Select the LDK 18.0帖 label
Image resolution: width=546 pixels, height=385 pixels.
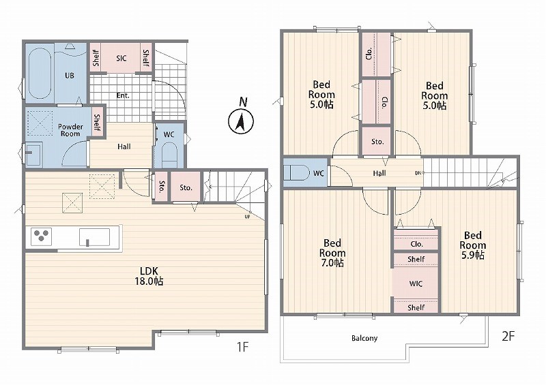tap(149, 276)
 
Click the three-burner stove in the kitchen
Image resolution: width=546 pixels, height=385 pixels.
tap(41, 236)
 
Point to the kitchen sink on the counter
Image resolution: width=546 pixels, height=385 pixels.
tap(94, 237)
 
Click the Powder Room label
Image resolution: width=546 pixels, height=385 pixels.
tap(70, 130)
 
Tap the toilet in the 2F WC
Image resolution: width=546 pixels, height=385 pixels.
tap(296, 172)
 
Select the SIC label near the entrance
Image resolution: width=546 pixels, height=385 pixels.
tap(121, 58)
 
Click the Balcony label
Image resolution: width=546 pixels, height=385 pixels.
tap(364, 338)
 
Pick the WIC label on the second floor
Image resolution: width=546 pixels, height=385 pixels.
tap(416, 283)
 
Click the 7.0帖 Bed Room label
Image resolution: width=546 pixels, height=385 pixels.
tap(332, 253)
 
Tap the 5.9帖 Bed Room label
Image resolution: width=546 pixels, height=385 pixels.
tap(472, 245)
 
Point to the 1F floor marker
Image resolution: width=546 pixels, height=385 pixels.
tap(242, 347)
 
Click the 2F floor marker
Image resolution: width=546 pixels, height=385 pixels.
tap(508, 336)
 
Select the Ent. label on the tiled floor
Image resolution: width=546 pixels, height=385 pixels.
tap(123, 95)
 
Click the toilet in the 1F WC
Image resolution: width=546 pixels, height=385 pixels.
tap(169, 155)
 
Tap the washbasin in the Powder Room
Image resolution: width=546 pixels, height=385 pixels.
tap(33, 153)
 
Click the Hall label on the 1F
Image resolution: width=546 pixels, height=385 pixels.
tap(124, 147)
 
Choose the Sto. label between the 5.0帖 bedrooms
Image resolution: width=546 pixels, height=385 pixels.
tap(377, 142)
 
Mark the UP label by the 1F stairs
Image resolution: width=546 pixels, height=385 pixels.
tap(247, 216)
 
